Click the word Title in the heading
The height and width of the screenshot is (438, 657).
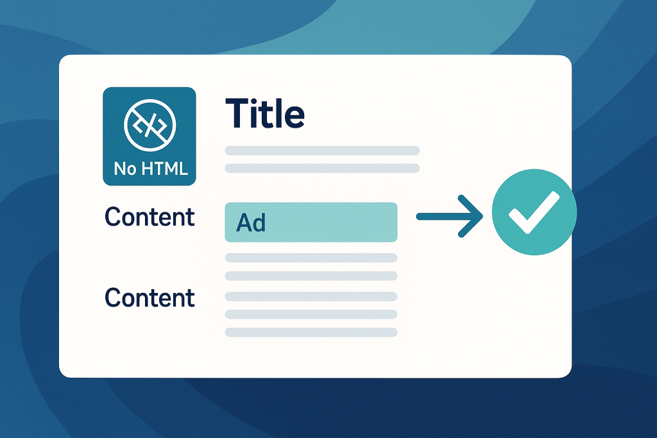click(265, 113)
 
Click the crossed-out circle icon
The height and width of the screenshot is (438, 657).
click(149, 125)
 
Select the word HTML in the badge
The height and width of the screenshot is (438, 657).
click(165, 169)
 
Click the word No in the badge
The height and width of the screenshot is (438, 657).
click(125, 169)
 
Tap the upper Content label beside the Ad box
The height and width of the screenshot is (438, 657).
click(149, 217)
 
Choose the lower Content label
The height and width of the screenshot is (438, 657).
click(149, 298)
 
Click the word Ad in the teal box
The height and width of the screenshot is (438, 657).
click(251, 223)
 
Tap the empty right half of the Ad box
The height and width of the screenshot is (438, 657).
click(354, 223)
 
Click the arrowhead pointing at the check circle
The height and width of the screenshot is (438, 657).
click(470, 216)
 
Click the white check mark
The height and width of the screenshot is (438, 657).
click(534, 212)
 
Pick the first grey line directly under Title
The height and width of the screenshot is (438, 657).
click(322, 151)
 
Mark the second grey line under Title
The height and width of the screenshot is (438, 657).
click(322, 168)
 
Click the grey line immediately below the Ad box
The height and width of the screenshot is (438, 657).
click(311, 258)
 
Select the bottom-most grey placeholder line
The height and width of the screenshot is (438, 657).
click(311, 332)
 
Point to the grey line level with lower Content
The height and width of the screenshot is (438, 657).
click(311, 296)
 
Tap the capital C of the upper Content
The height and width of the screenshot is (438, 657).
click(113, 217)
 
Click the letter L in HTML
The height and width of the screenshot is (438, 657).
click(183, 169)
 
